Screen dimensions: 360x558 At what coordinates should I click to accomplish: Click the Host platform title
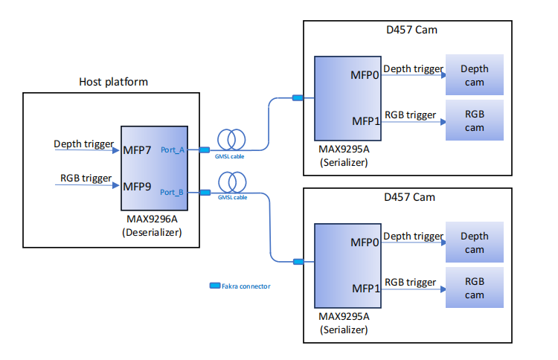click(x=113, y=81)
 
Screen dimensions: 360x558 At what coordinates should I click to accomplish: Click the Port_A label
click(x=172, y=150)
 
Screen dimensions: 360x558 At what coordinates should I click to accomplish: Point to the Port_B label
click(x=172, y=192)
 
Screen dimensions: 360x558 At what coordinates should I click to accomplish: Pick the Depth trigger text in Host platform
click(x=83, y=144)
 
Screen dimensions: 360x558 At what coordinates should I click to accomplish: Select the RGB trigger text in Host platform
click(x=86, y=179)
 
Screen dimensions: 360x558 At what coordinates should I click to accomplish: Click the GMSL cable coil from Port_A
click(x=231, y=139)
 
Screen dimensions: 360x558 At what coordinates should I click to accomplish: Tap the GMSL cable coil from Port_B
click(x=231, y=181)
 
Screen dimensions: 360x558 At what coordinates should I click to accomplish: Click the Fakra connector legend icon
click(x=215, y=286)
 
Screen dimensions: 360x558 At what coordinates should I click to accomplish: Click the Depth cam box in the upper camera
click(x=474, y=75)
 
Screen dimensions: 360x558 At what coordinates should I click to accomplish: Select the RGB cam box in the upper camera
click(x=474, y=120)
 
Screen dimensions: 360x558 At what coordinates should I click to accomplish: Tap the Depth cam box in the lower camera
click(x=474, y=242)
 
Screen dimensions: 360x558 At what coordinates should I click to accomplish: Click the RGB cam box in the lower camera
click(x=474, y=289)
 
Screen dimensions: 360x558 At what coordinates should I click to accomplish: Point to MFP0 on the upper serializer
click(x=365, y=75)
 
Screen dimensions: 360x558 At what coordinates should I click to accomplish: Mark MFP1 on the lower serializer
click(x=365, y=287)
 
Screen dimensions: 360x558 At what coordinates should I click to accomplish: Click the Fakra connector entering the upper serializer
click(x=298, y=97)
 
